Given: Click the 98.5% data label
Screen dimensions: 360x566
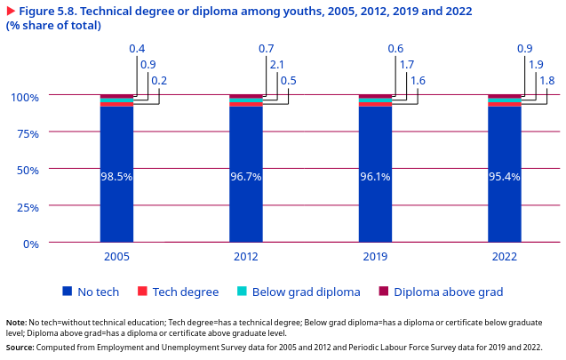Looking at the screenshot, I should pyautogui.click(x=116, y=177).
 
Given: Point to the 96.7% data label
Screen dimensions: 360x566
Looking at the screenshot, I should pyautogui.click(x=246, y=177).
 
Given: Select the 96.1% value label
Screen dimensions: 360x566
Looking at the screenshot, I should pyautogui.click(x=375, y=177).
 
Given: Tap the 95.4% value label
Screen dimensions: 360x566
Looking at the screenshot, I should pyautogui.click(x=504, y=177).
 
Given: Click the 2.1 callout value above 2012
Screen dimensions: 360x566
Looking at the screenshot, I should pyautogui.click(x=277, y=64).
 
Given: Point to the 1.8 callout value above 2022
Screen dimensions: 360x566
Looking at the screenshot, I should pyautogui.click(x=547, y=80).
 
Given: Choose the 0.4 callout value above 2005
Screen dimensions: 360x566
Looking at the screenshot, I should pyautogui.click(x=138, y=48).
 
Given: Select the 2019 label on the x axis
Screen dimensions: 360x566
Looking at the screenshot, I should pyautogui.click(x=375, y=257).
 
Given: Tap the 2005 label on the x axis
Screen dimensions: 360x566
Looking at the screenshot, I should pyautogui.click(x=116, y=257).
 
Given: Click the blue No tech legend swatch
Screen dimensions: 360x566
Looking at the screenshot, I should pyautogui.click(x=67, y=292).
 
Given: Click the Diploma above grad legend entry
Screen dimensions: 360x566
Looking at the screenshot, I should pyautogui.click(x=448, y=292).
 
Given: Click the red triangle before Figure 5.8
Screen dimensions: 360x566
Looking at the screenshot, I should pyautogui.click(x=11, y=10).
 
